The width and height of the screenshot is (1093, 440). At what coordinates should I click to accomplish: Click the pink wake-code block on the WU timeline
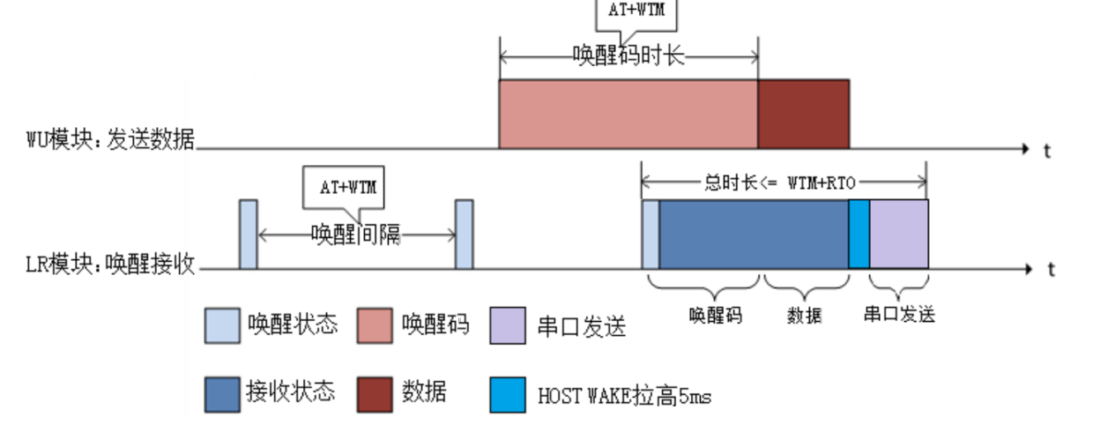point(628,114)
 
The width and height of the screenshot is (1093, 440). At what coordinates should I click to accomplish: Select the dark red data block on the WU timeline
point(803,114)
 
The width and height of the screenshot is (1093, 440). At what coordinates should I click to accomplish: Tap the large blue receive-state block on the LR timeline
point(753,234)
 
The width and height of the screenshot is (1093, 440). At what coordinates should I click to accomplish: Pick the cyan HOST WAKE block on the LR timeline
point(859,234)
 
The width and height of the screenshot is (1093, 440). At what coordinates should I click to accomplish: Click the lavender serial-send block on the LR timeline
point(899,234)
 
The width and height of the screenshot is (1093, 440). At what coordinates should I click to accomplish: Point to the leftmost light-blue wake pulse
point(248,234)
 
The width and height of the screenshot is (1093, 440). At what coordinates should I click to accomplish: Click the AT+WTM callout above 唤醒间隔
point(346,187)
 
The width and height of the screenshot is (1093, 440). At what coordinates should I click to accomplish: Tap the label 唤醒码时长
point(628,56)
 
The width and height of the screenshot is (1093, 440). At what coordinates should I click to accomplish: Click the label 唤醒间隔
point(355,235)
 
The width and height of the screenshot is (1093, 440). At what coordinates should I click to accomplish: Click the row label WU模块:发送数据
point(110,139)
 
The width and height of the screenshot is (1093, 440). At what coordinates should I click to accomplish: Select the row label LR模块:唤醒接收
point(110,263)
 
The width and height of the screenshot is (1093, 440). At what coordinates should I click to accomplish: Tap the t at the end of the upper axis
point(1048,151)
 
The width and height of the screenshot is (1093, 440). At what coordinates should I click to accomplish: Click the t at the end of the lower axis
point(1051,270)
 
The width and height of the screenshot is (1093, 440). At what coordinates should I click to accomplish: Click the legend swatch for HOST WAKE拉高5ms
point(507,395)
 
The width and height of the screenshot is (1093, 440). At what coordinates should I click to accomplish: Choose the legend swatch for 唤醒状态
point(221,325)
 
